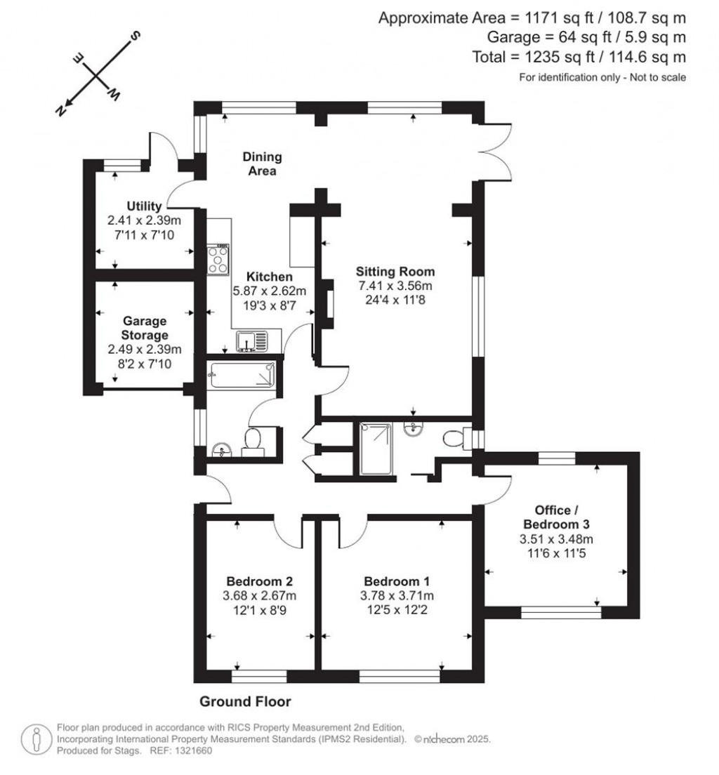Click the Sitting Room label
coord(395,272)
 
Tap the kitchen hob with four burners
coord(218,260)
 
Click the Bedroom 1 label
coord(397,581)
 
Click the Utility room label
coord(144,206)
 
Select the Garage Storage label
coord(144,328)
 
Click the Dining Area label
coord(262,164)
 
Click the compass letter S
coord(138,35)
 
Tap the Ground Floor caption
coord(245,701)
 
